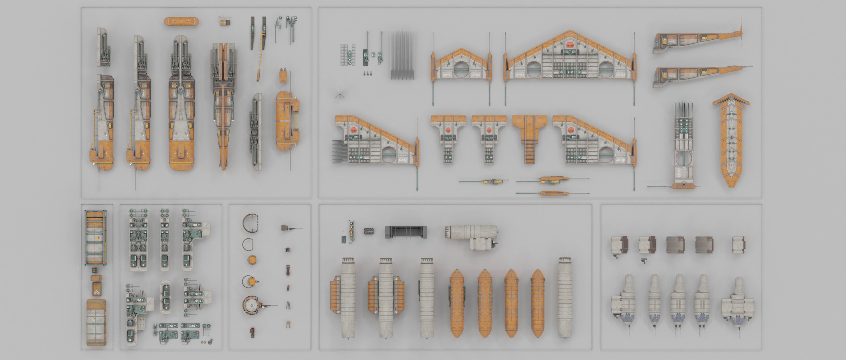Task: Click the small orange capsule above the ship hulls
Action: point(181,22)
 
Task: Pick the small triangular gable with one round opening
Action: point(461,66)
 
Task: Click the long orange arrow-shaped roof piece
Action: point(731,140)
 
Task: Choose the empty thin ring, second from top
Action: point(248,244)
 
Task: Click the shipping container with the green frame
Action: point(96,238)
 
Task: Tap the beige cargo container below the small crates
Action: point(96,322)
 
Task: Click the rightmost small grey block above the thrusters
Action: point(738,245)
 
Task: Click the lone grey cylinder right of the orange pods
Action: point(565,297)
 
